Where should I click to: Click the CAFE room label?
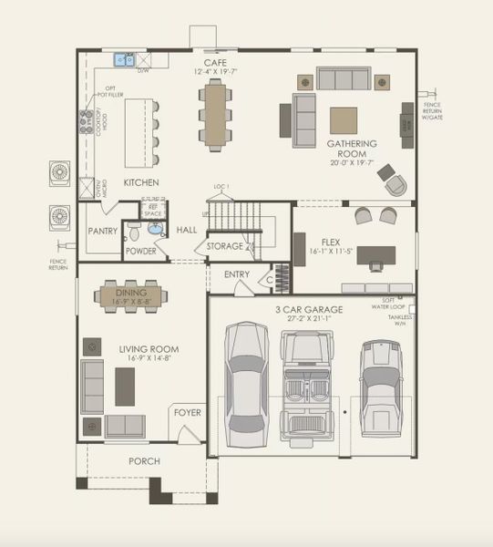pyautogui.click(x=214, y=61)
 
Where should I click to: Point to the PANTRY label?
pyautogui.click(x=103, y=232)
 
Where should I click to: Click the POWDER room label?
pyautogui.click(x=140, y=251)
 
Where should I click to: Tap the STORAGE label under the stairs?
pyautogui.click(x=224, y=246)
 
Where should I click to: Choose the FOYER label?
pyautogui.click(x=188, y=413)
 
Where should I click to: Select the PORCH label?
pyautogui.click(x=143, y=461)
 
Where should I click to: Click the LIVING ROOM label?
pyautogui.click(x=149, y=349)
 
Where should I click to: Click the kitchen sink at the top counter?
pyautogui.click(x=123, y=60)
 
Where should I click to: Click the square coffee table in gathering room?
pyautogui.click(x=344, y=120)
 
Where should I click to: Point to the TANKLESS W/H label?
pyautogui.click(x=398, y=319)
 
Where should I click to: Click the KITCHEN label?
pyautogui.click(x=141, y=182)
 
